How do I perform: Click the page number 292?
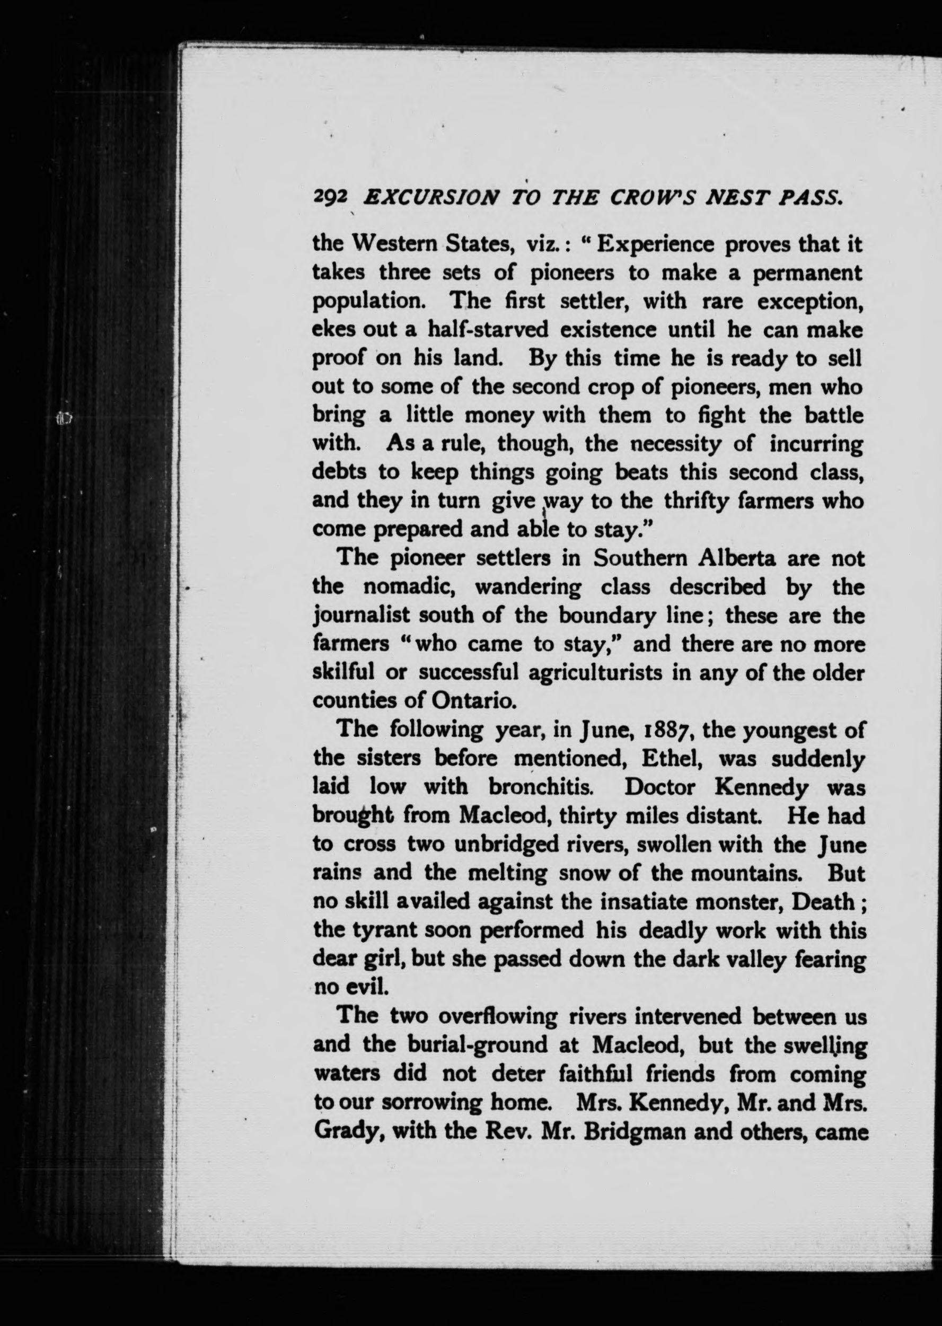tap(330, 198)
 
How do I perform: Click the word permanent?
tap(807, 273)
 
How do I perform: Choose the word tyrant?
tap(388, 930)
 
